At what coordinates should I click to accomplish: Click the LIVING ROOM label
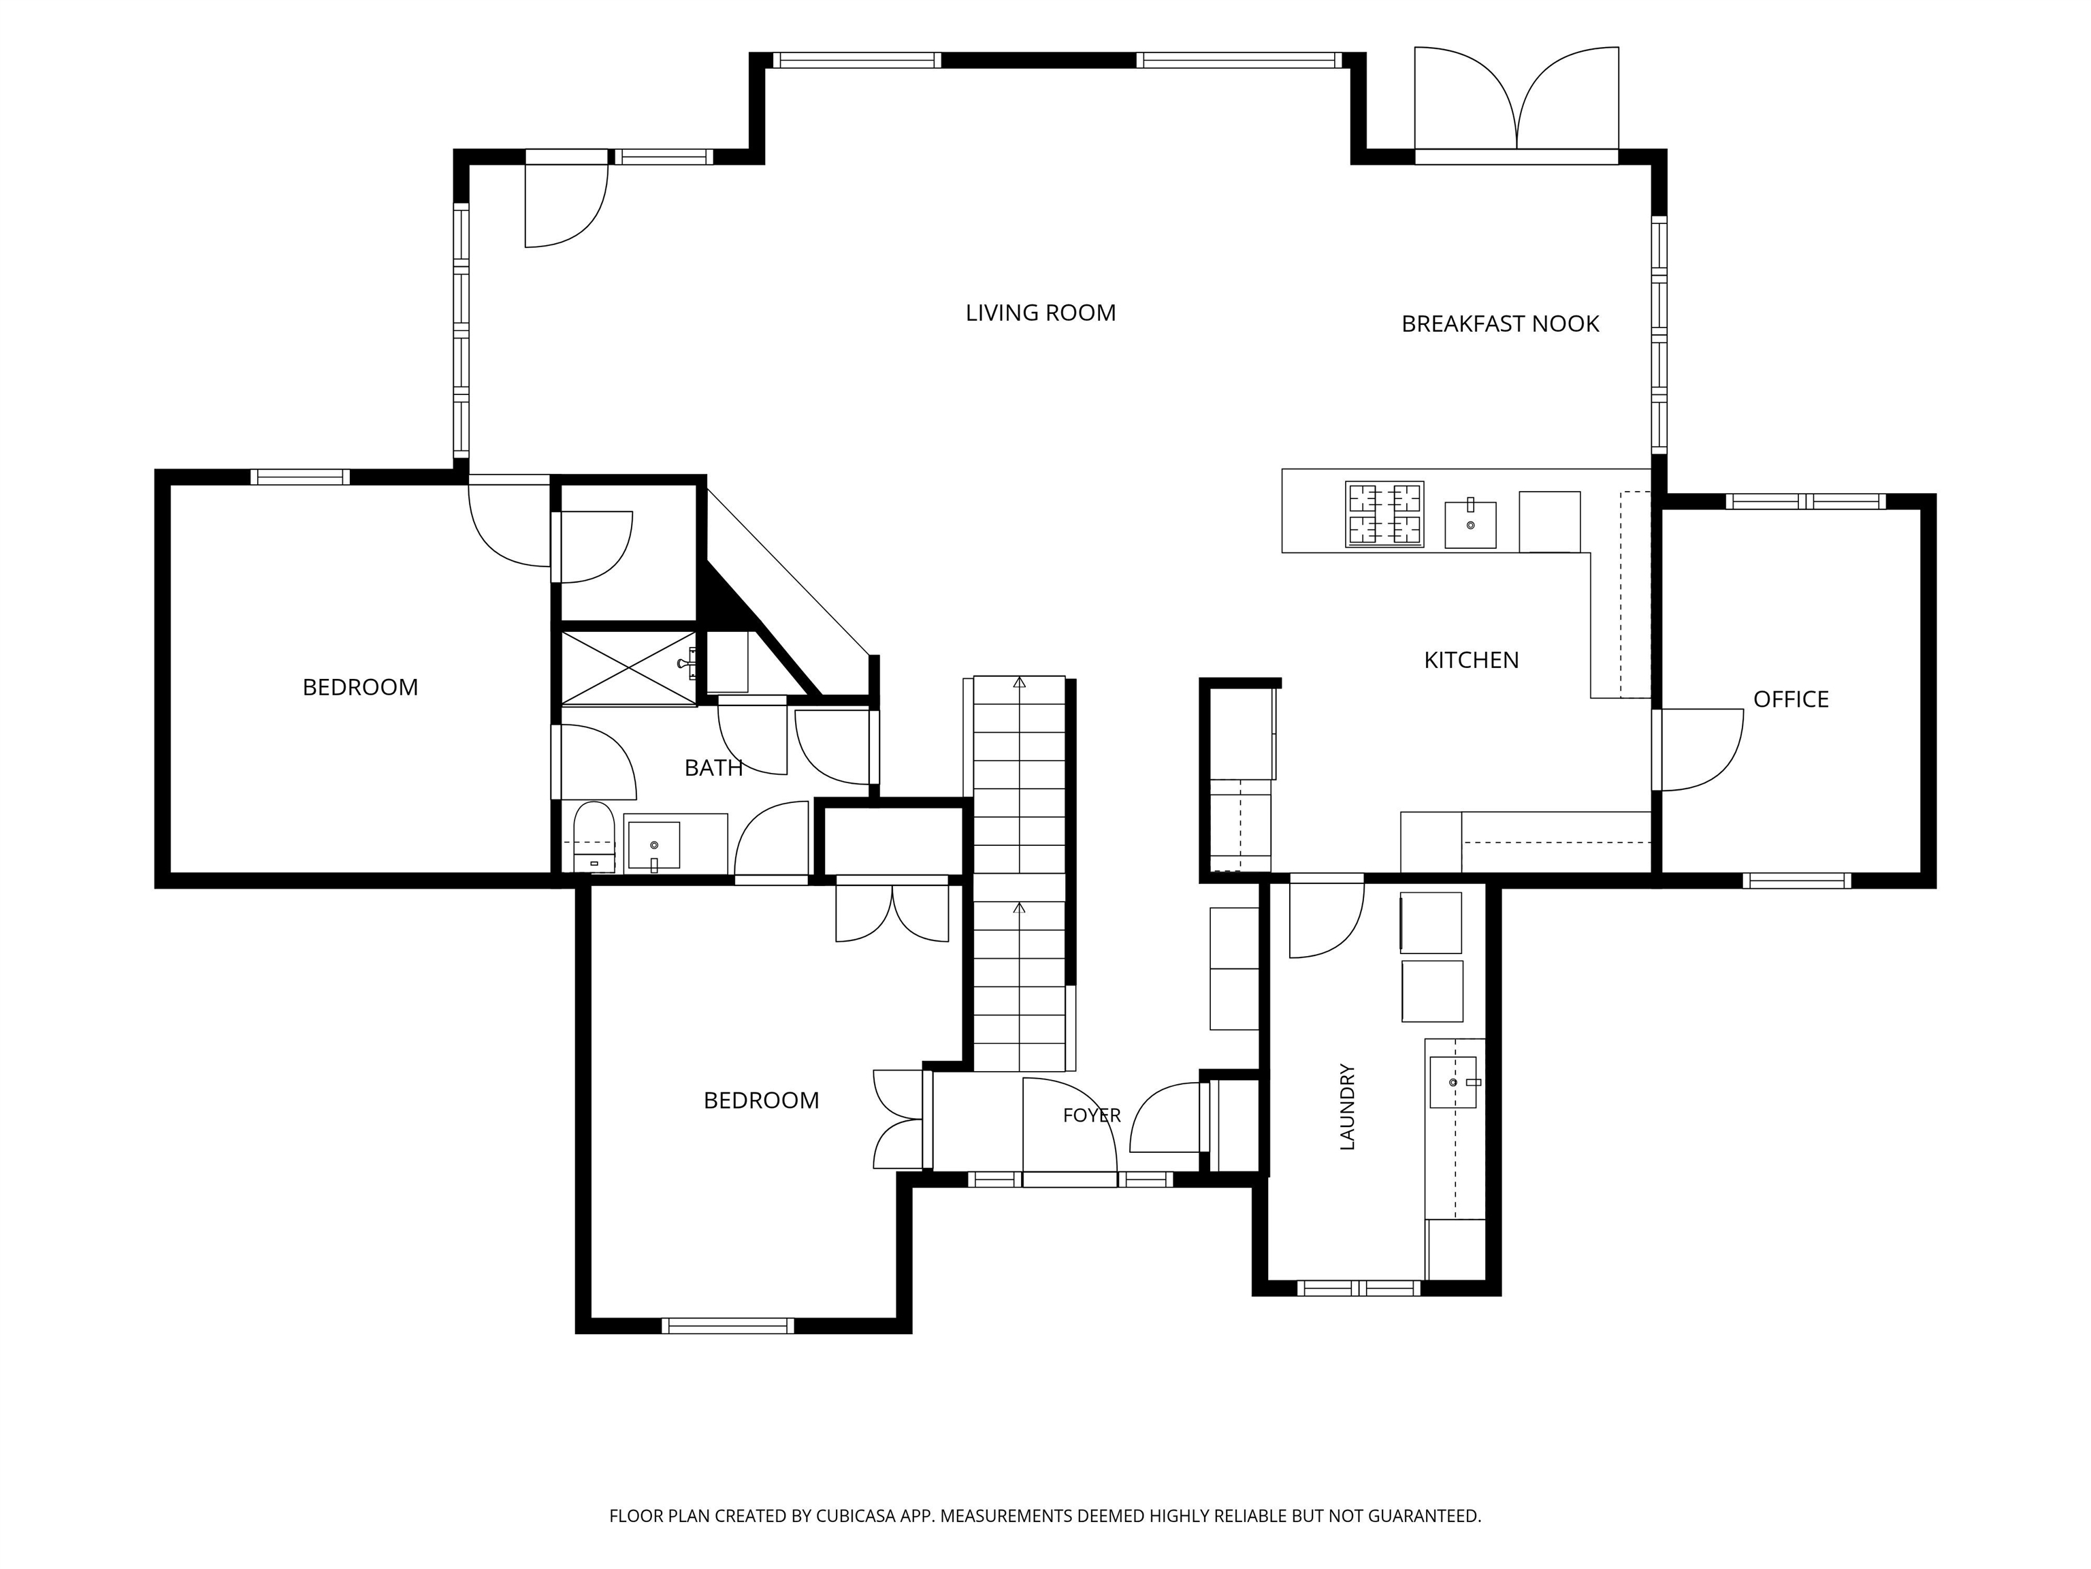(x=1040, y=313)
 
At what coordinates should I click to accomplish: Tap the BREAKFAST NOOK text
(x=1500, y=324)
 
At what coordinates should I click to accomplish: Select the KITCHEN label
(x=1471, y=660)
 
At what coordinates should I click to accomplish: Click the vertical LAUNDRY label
(x=1348, y=1107)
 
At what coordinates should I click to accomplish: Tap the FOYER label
(x=1092, y=1116)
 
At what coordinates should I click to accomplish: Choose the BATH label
(x=714, y=768)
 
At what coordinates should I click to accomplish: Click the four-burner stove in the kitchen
(x=1385, y=515)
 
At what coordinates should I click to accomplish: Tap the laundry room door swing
(x=1327, y=919)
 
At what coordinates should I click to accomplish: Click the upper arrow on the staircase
(x=1019, y=682)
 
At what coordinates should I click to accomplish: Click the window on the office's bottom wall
(x=1796, y=881)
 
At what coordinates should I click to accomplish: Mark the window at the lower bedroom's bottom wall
(x=728, y=1326)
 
